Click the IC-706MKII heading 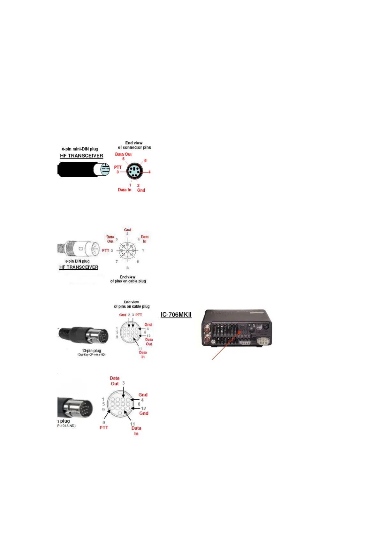click(176, 315)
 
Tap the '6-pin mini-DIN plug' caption click(80, 149)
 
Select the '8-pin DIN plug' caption click(77, 261)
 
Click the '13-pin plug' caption click(91, 351)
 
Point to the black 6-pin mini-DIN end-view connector click(134, 172)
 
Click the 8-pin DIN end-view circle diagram click(127, 250)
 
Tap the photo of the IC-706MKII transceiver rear click(237, 328)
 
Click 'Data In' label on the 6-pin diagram click(125, 190)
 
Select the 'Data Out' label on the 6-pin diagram click(123, 154)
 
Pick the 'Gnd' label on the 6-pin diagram click(141, 190)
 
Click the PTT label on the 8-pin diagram click(106, 250)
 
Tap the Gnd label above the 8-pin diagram click(128, 230)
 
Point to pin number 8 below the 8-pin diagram click(127, 268)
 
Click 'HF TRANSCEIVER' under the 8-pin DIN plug click(79, 267)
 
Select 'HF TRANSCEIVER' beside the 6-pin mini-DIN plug click(81, 156)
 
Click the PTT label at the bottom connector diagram click(104, 428)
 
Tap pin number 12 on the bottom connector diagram click(143, 409)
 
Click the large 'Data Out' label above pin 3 click(115, 381)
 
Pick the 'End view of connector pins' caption click(134, 145)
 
